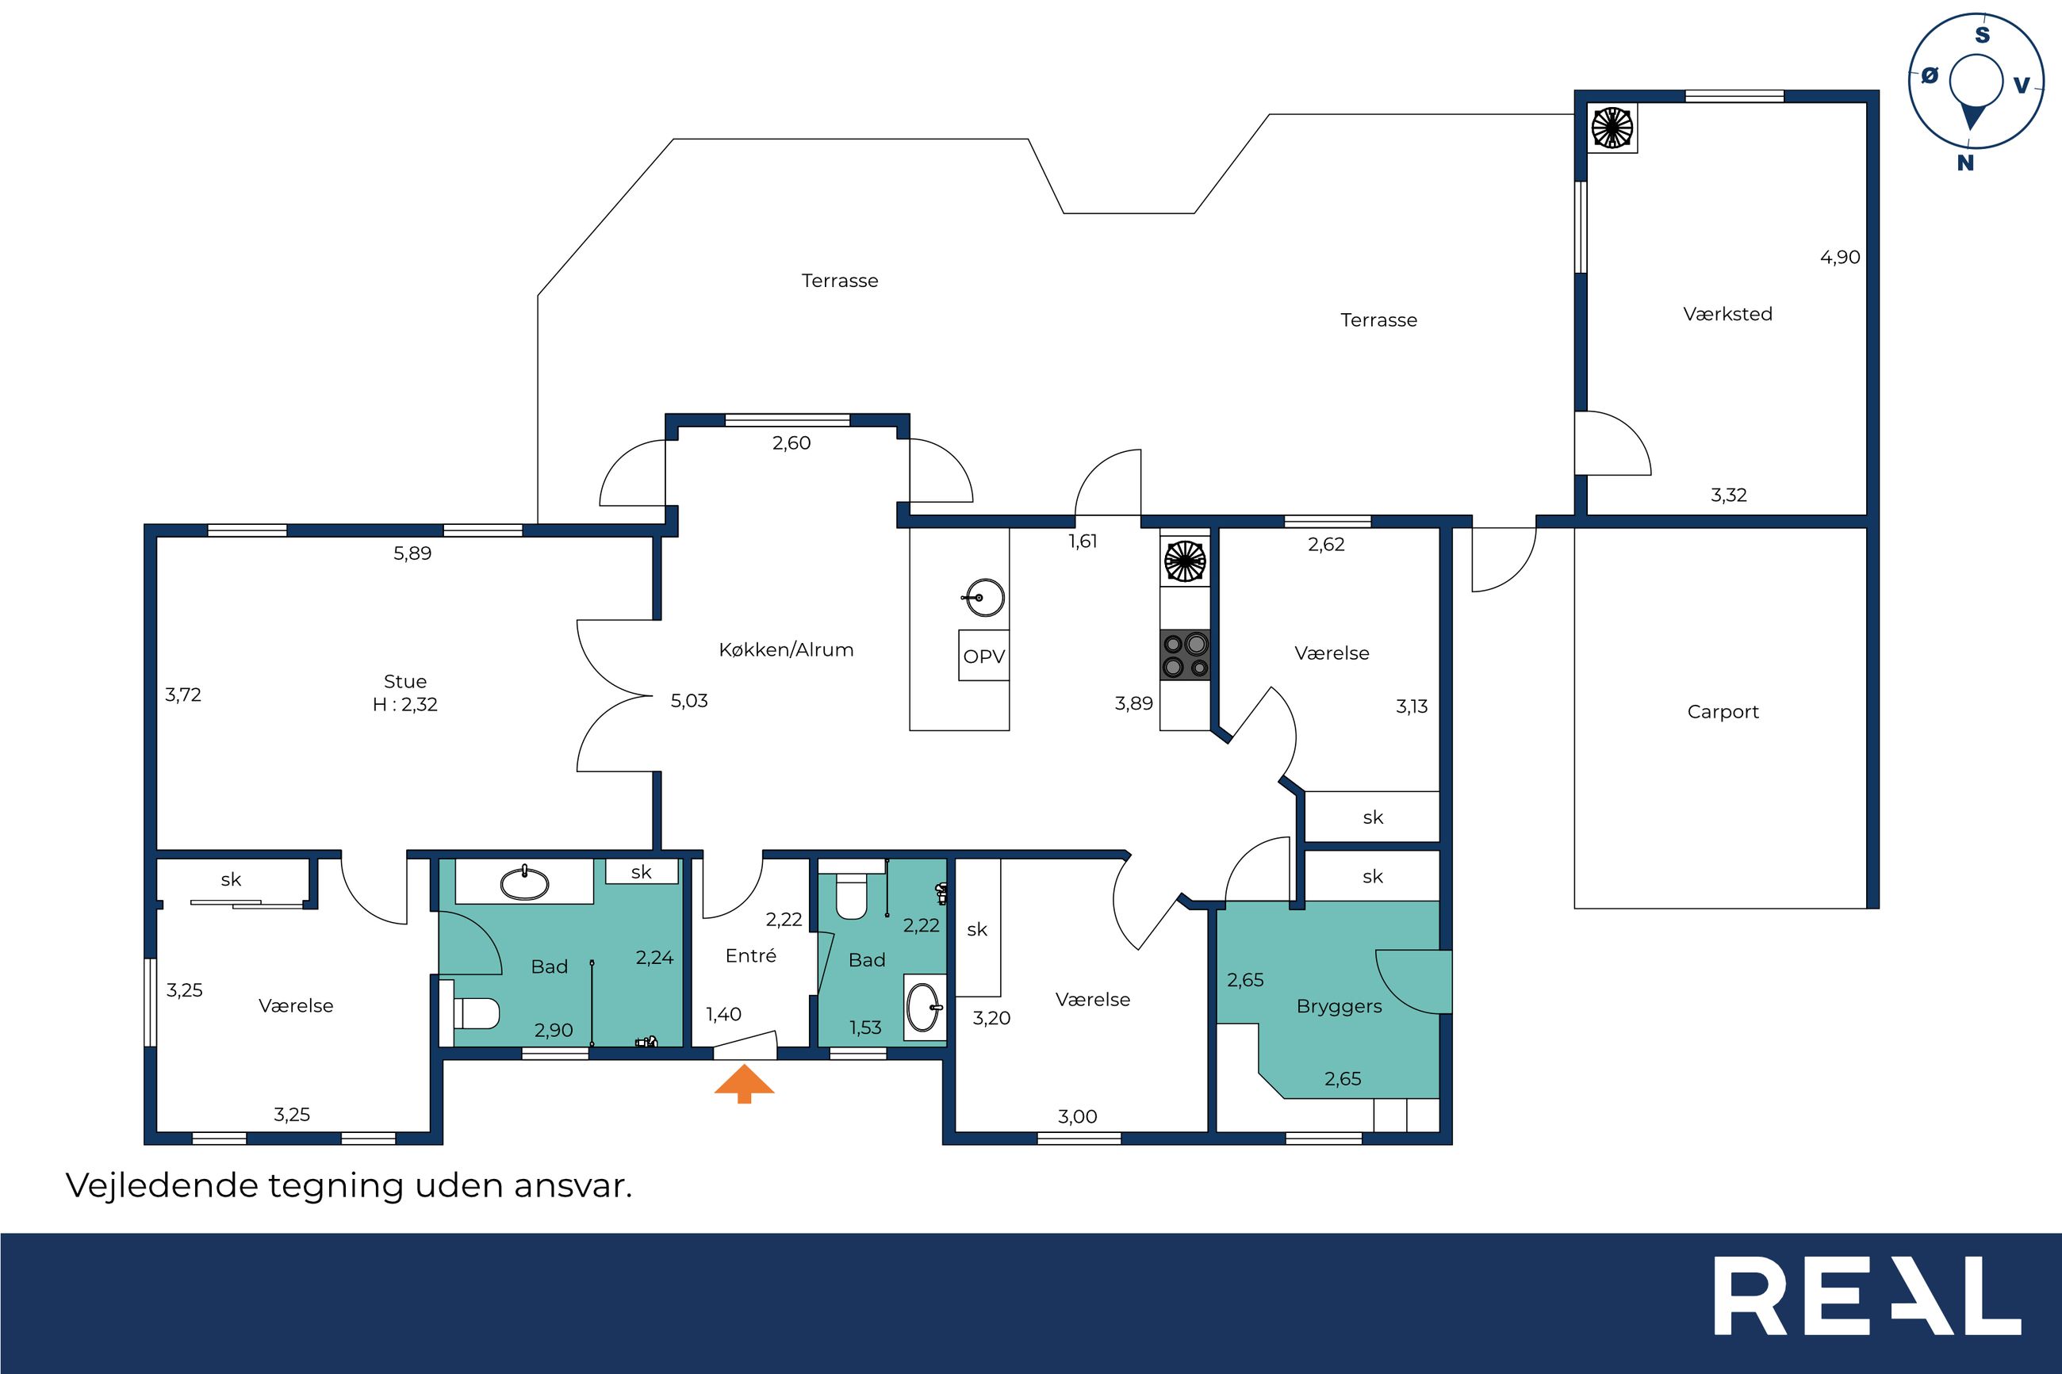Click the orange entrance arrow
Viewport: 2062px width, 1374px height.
click(744, 1083)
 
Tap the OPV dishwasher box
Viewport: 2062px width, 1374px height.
click(983, 656)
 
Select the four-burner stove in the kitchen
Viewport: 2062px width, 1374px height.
click(1185, 656)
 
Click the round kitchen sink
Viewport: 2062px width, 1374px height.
click(986, 599)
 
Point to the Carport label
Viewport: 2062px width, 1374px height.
click(1723, 711)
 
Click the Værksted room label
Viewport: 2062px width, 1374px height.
click(1727, 314)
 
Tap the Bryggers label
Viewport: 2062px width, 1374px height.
click(1339, 1007)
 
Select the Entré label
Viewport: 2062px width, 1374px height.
click(751, 955)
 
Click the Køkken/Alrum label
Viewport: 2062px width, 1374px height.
click(786, 649)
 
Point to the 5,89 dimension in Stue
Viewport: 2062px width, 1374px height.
click(412, 553)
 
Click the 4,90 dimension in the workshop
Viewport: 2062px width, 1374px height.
click(1839, 257)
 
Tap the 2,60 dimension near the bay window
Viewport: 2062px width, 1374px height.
click(791, 442)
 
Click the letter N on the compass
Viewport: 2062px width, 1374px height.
click(1965, 163)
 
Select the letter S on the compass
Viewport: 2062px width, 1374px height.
click(1982, 35)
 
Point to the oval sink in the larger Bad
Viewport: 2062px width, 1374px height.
click(525, 883)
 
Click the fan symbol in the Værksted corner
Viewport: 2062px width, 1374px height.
click(1612, 128)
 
